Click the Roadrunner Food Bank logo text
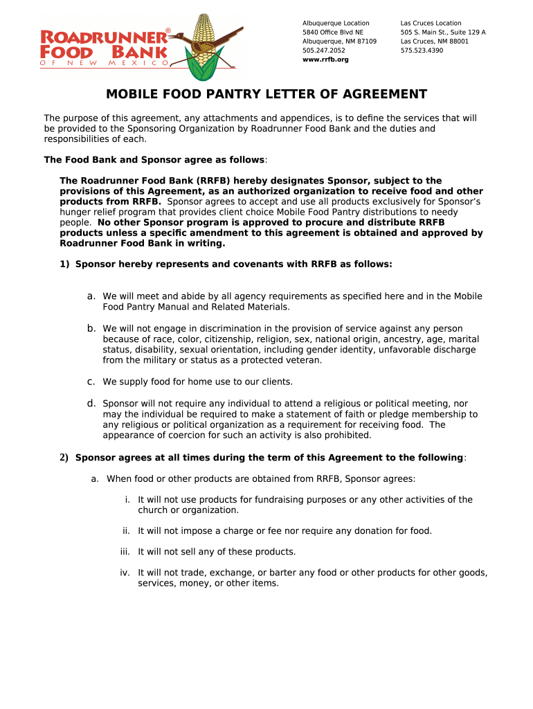click(104, 45)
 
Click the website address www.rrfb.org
click(325, 60)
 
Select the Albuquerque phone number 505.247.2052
click(323, 51)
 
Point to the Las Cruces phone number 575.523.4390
click(422, 51)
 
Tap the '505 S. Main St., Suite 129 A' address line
click(443, 33)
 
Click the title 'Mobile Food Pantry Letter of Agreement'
click(266, 95)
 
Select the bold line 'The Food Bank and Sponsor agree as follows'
click(154, 159)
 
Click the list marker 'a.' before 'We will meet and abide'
click(91, 296)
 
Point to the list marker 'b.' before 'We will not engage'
click(91, 328)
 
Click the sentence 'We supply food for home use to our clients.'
click(198, 382)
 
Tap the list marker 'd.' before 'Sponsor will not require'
click(91, 403)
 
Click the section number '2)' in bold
click(64, 458)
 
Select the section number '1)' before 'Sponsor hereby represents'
click(64, 264)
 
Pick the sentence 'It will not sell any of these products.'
click(217, 552)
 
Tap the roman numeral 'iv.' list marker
click(125, 573)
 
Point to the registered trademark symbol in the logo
click(168, 31)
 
